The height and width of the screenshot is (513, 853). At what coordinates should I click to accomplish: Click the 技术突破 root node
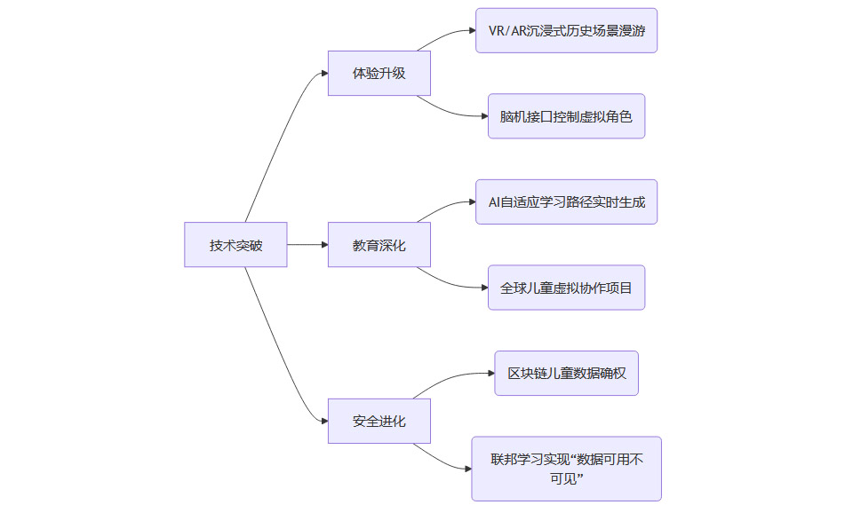235,244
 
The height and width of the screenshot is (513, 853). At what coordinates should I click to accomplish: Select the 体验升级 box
379,73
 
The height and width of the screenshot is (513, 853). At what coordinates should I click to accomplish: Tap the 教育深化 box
379,244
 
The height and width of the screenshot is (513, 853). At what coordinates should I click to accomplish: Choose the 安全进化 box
379,421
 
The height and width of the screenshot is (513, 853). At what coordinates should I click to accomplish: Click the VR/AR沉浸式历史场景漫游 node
566,30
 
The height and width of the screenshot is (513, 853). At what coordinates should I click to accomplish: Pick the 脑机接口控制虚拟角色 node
566,116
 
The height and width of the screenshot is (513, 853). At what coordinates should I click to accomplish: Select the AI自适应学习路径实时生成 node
566,201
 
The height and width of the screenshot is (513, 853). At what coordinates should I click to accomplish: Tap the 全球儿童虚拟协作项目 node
566,288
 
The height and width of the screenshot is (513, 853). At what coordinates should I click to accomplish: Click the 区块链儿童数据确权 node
566,373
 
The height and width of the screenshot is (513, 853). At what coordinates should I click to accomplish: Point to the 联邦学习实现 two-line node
566,469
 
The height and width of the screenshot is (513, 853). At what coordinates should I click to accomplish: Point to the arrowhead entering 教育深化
323,244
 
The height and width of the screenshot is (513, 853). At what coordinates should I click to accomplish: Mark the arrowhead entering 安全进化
323,421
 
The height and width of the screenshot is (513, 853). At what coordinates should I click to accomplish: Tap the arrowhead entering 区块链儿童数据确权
490,374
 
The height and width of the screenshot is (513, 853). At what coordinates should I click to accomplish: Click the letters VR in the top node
496,30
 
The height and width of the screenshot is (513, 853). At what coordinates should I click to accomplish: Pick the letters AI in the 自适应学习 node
494,201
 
